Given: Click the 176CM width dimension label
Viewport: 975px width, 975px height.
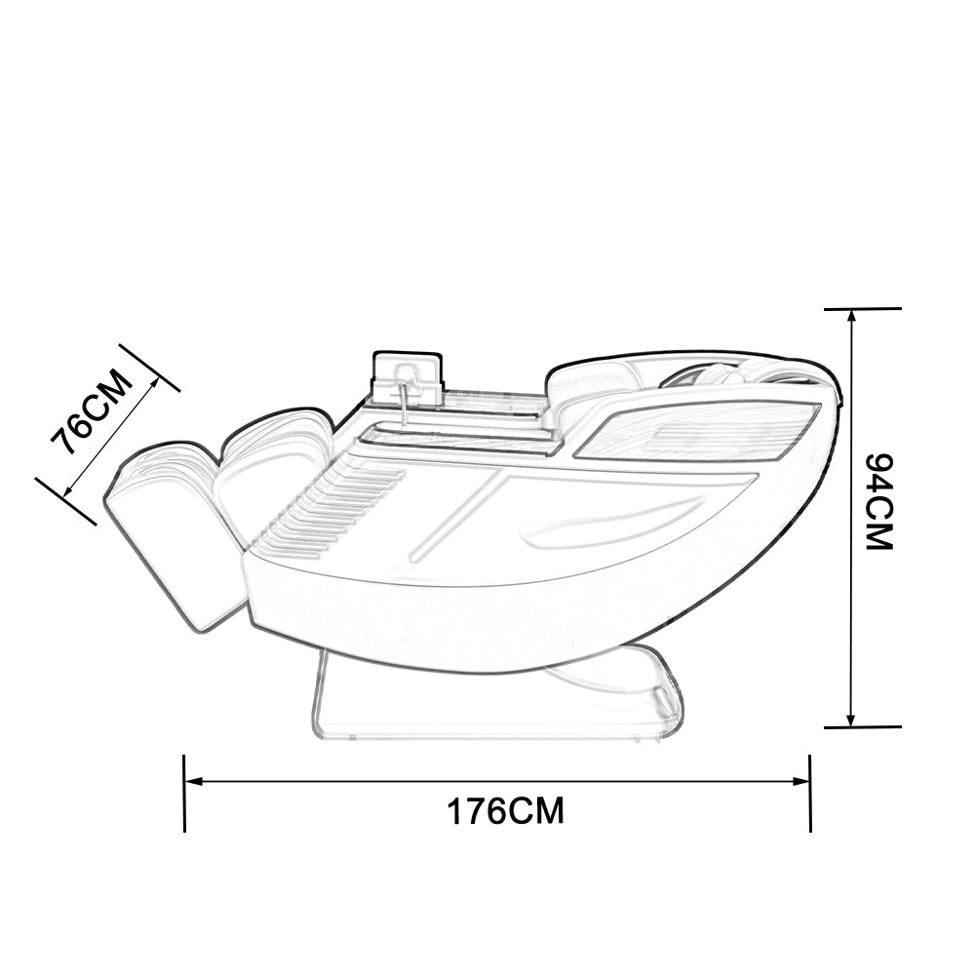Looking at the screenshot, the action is (505, 811).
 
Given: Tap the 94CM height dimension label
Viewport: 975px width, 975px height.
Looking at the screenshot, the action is (879, 502).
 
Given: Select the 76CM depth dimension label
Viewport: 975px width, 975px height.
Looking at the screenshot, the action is (92, 412).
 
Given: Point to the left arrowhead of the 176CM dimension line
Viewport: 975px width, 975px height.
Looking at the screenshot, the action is (195, 781).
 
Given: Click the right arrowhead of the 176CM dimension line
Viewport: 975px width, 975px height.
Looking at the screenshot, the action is (800, 781).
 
